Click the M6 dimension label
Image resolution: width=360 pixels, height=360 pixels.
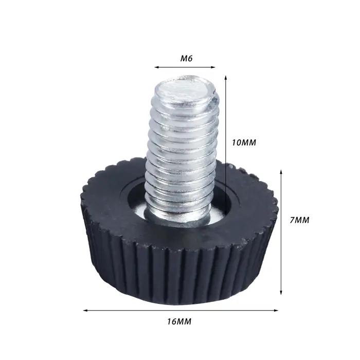[186, 59]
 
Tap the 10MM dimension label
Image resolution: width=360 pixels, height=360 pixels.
[244, 142]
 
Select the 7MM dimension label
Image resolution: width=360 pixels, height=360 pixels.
[299, 220]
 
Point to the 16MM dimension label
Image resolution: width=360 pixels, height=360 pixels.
[179, 321]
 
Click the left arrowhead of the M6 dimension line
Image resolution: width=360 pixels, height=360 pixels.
[156, 67]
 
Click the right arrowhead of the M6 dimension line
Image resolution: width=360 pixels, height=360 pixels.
[213, 67]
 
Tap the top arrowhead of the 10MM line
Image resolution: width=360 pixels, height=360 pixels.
[226, 77]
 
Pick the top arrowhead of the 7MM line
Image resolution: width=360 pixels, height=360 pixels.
[281, 172]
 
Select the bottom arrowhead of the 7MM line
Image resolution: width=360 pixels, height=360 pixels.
[281, 293]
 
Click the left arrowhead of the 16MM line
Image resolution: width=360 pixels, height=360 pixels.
[85, 311]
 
